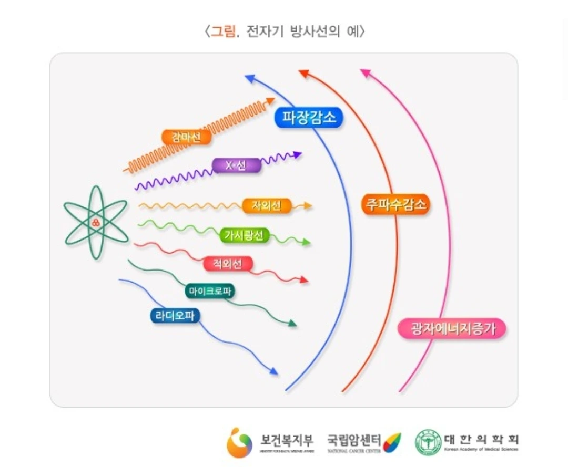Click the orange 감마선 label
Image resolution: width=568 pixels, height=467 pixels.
187,137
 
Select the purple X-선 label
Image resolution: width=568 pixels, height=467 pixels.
236,165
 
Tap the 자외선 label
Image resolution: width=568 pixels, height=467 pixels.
267,206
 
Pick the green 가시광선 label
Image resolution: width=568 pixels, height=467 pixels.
244,236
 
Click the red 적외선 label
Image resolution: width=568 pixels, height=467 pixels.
228,264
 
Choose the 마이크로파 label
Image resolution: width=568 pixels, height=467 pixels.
210,291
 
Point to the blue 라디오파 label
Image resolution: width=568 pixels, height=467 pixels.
175,315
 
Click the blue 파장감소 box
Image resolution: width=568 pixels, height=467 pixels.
309,117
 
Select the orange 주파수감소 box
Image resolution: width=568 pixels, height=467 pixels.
395,204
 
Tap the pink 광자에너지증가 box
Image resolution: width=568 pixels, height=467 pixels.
452,329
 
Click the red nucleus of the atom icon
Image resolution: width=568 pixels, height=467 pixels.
96,222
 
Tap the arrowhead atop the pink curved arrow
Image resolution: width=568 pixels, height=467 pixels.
365,73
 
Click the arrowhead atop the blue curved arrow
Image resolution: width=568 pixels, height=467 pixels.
249,78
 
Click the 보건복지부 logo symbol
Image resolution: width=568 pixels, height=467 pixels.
239,442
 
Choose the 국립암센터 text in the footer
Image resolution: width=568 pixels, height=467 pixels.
354,439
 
